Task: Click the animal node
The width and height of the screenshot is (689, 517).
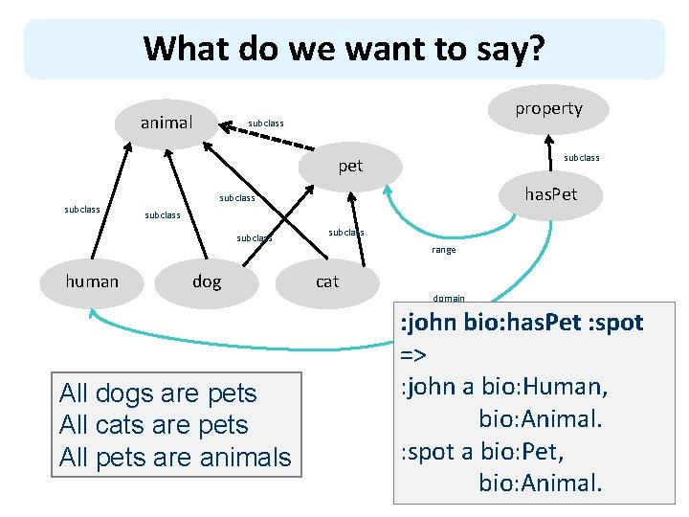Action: click(167, 123)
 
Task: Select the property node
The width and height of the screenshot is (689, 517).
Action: click(548, 108)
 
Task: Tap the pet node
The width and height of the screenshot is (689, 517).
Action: click(350, 166)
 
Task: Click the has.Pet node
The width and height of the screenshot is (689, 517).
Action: click(549, 194)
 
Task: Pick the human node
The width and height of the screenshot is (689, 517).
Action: click(92, 281)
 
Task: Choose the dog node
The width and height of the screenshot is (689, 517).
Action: click(207, 281)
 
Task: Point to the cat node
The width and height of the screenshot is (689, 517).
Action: click(327, 281)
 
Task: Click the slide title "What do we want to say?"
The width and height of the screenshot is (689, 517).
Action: click(344, 48)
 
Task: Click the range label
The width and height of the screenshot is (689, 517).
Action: click(444, 250)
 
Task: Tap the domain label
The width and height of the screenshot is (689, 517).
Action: click(449, 298)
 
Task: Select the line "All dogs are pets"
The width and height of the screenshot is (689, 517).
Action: click(158, 393)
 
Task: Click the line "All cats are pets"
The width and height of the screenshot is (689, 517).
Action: click(153, 425)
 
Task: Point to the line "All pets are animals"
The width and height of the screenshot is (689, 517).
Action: click(175, 458)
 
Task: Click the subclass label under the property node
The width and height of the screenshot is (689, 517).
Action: click(582, 157)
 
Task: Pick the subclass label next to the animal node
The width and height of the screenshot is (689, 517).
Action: click(266, 124)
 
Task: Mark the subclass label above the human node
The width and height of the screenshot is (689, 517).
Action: click(82, 209)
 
